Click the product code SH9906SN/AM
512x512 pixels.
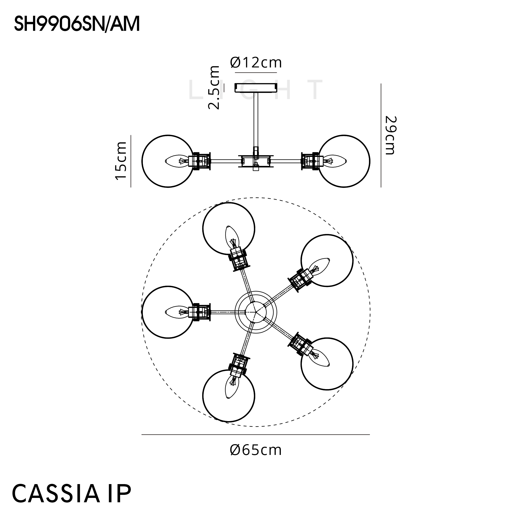77,24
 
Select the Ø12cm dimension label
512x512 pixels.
256,63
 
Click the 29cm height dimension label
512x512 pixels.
390,135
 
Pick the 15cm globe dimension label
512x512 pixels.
121,161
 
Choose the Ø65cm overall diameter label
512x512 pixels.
256,450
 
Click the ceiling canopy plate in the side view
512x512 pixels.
256,88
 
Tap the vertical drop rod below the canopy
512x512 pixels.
256,119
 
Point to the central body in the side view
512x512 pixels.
256,161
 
